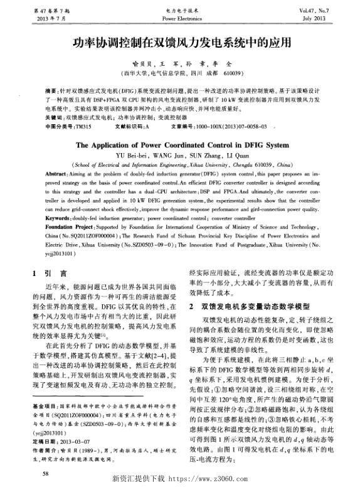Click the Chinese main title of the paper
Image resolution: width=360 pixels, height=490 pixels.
coord(179,43)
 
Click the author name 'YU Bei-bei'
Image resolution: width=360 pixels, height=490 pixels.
coord(131,154)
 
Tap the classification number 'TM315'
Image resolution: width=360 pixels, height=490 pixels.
coord(82,126)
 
